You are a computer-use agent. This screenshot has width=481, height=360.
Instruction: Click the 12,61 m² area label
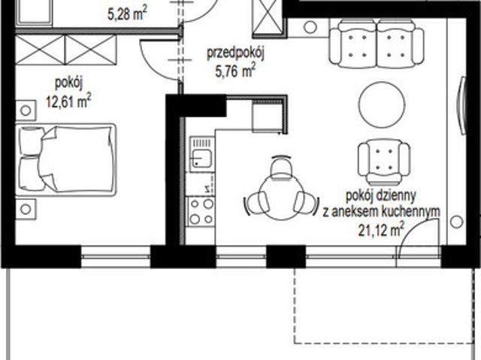(x=68, y=101)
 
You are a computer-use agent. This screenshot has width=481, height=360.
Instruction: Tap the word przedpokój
(x=235, y=53)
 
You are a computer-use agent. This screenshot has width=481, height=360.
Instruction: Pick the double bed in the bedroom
(x=66, y=159)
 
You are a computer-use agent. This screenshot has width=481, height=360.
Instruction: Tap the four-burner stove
(x=201, y=211)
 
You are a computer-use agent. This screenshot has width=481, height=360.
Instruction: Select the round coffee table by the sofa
(x=382, y=104)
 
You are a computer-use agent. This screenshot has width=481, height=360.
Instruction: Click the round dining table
(x=282, y=197)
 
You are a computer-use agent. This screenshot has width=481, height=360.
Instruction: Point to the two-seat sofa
(x=377, y=44)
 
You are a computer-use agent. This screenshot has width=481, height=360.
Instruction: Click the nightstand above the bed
(x=26, y=110)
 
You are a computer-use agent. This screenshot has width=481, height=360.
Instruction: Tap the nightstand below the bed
(x=26, y=209)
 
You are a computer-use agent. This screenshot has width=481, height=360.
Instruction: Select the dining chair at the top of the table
(x=282, y=166)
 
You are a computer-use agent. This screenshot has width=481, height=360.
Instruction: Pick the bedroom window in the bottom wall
(x=116, y=256)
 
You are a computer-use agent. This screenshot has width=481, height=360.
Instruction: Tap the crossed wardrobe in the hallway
(x=267, y=18)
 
